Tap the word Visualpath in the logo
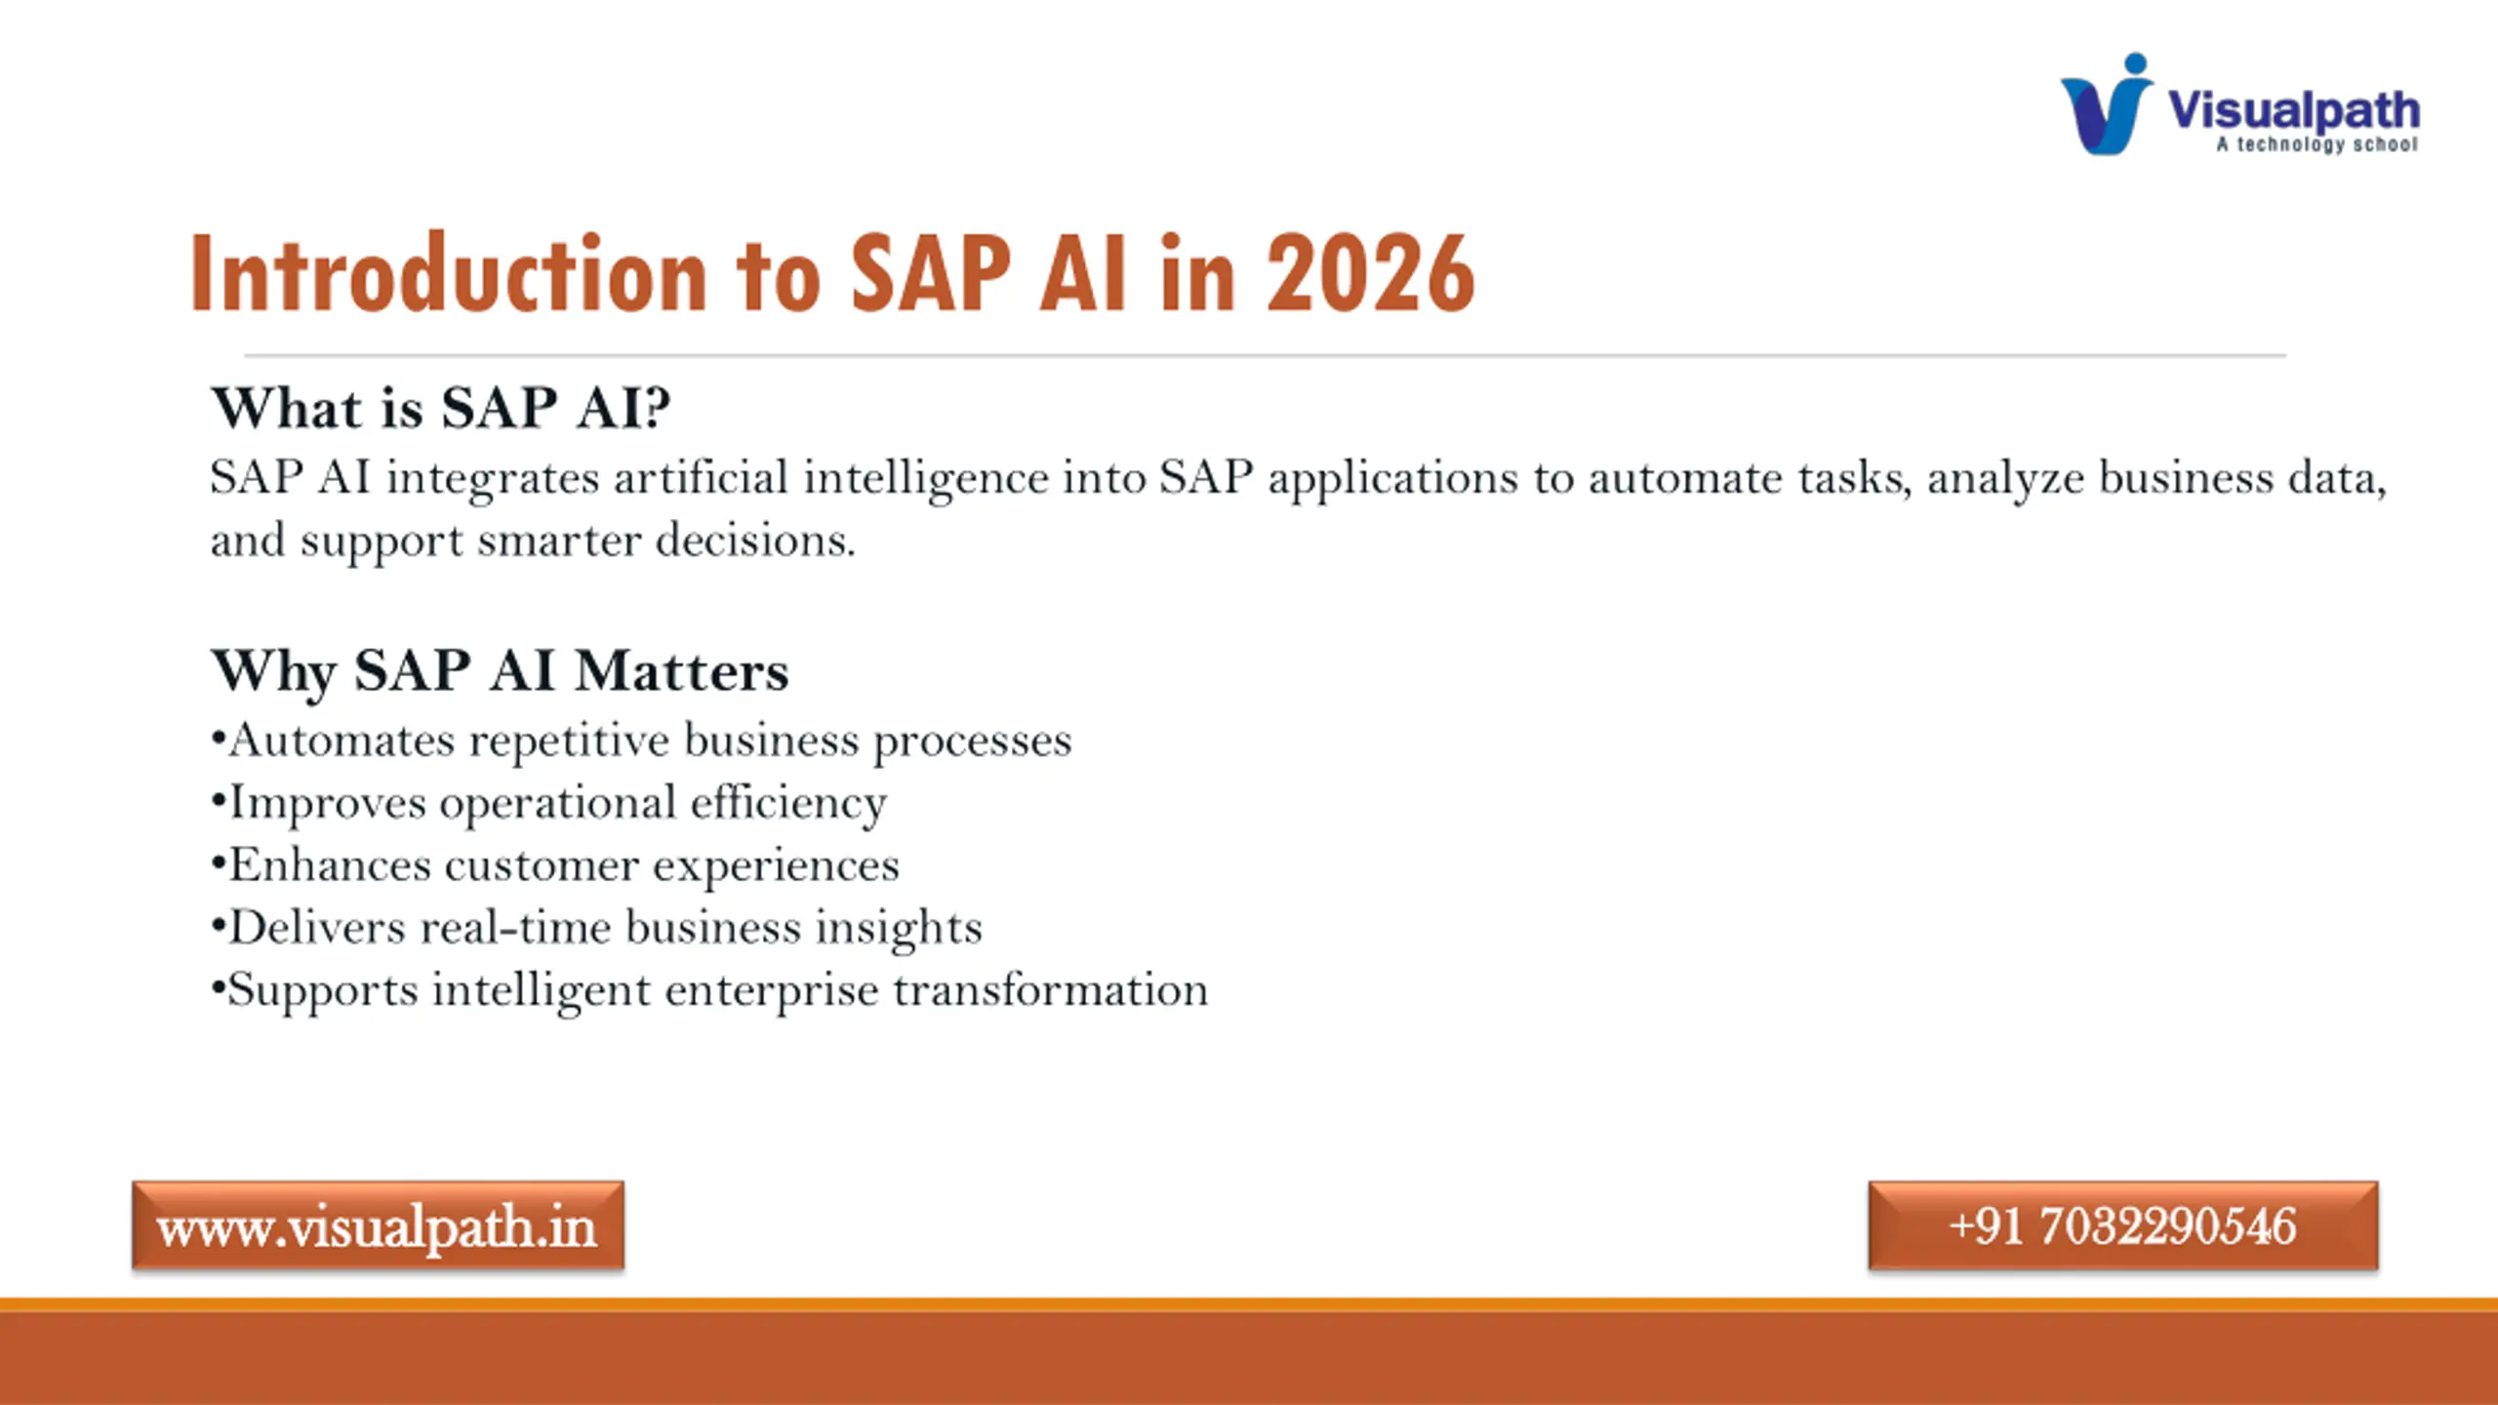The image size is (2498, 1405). pyautogui.click(x=2293, y=110)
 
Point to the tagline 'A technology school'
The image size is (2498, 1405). pyautogui.click(x=2317, y=144)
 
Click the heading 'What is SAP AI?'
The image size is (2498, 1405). pyautogui.click(x=441, y=407)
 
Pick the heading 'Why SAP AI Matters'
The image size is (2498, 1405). pyautogui.click(x=500, y=671)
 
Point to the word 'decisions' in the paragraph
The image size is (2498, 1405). pyautogui.click(x=755, y=541)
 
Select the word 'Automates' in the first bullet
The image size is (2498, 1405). pyautogui.click(x=342, y=740)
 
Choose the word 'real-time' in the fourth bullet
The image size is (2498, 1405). pyautogui.click(x=515, y=927)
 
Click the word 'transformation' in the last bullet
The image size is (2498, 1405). pyautogui.click(x=1051, y=989)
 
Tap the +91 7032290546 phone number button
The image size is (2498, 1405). pyautogui.click(x=2123, y=1225)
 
